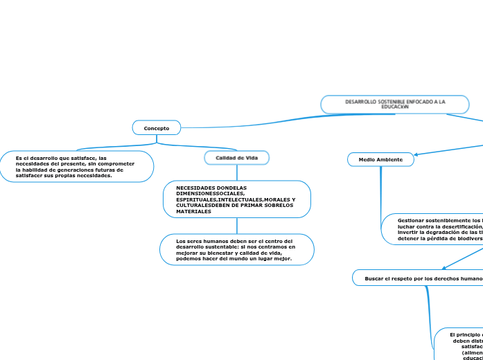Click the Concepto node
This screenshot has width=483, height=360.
(156, 128)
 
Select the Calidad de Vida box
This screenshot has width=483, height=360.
(236, 159)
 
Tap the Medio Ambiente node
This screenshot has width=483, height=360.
(380, 160)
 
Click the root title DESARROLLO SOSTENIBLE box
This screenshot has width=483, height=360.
(395, 105)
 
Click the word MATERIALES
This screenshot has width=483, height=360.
(194, 211)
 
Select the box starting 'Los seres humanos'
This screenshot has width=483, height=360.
(236, 249)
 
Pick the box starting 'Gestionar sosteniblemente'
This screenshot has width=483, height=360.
(433, 228)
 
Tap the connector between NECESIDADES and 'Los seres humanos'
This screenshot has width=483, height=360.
(236, 226)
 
